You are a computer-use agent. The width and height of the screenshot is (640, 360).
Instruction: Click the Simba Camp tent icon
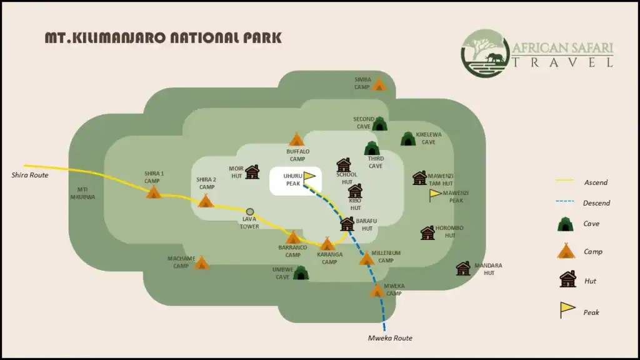coord(379,84)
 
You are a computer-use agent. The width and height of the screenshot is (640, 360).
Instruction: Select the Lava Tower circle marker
coord(250,212)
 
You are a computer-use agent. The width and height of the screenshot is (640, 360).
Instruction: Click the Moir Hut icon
coord(252,172)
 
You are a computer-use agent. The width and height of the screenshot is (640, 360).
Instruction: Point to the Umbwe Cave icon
coord(301,272)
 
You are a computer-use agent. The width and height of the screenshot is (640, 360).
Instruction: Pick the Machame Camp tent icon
coord(201,262)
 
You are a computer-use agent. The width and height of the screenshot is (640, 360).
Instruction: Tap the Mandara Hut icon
coord(463,269)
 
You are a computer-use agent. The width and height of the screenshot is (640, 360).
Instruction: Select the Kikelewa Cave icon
coord(407,139)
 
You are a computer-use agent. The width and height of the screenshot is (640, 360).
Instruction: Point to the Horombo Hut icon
coord(427,233)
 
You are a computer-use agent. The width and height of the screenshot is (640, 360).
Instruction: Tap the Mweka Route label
coord(390,338)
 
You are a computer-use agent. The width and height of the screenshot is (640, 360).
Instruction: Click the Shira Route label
coord(30,175)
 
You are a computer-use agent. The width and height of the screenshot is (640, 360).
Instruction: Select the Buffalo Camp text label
coord(298,155)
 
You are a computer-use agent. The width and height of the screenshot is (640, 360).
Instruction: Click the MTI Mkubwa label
coord(86,192)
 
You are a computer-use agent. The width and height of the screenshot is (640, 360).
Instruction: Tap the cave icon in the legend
coord(566,224)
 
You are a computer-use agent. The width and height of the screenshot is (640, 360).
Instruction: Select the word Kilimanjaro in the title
coord(118,37)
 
